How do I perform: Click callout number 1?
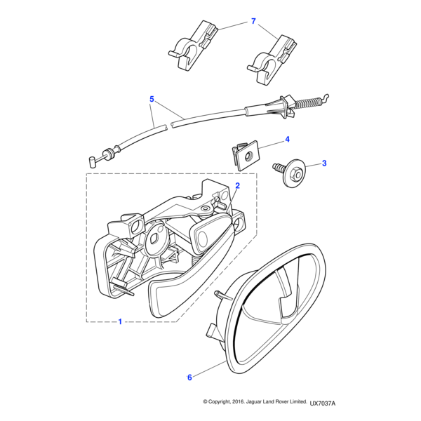[x=120, y=322]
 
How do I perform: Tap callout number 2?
[x=238, y=186]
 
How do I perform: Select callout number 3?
[x=324, y=163]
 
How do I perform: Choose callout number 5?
[x=151, y=100]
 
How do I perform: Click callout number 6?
[x=189, y=377]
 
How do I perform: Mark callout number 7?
[x=253, y=22]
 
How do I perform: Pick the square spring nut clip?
[x=245, y=154]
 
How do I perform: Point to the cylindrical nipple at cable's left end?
[x=93, y=160]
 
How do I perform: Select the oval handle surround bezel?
[x=274, y=302]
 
